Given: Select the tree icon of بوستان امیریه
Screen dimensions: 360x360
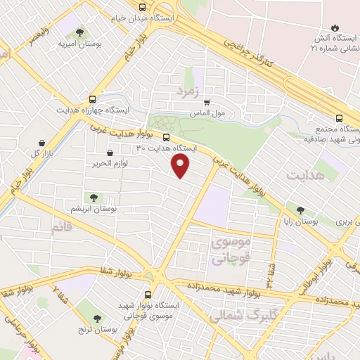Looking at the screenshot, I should pos(78,32).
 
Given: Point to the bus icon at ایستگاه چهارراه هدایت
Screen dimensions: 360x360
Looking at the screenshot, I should pos(93,99).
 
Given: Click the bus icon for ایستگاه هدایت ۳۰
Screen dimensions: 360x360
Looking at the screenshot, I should pos(167,137).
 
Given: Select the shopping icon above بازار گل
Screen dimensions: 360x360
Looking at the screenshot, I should pos(43,142).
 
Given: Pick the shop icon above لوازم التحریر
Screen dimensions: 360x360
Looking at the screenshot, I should pos(109,153).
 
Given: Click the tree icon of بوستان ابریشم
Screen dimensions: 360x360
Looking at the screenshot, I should pos(92,198).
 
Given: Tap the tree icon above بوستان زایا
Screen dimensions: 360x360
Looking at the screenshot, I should pos(301,210).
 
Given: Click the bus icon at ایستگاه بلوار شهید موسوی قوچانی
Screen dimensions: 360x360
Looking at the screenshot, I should pos(148,295).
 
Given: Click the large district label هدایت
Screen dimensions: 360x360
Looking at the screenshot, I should pos(307,174).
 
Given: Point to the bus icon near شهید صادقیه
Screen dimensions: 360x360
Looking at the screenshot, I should pos(339,118).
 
